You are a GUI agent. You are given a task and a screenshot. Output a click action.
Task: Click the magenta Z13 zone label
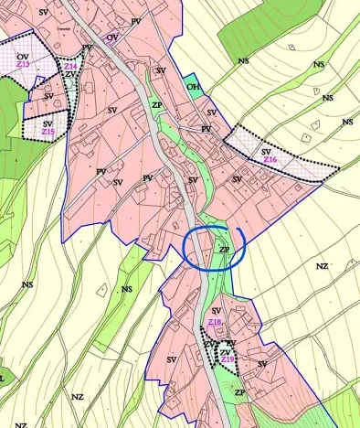click(23, 65)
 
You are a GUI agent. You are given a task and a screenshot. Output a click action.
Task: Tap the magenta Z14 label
click(70, 66)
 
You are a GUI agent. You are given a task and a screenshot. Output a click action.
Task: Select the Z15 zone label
click(48, 133)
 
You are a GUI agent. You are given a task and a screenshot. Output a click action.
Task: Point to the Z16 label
click(270, 160)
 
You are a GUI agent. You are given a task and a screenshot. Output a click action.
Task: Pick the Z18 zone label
click(215, 322)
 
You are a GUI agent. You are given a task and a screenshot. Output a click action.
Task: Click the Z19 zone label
click(228, 360)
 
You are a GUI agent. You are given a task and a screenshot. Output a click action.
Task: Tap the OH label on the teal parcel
click(193, 87)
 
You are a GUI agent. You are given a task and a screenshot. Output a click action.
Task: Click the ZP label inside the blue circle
click(224, 249)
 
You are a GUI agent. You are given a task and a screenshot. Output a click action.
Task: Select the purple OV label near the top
click(112, 37)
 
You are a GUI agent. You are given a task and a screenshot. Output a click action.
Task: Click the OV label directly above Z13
click(23, 57)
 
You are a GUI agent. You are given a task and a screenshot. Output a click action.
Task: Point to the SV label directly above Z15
click(48, 123)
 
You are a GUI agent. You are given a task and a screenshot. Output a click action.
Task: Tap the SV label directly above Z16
click(266, 151)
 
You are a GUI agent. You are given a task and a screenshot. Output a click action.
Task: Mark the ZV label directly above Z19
click(226, 352)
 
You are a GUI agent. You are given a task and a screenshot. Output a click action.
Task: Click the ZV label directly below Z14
click(70, 74)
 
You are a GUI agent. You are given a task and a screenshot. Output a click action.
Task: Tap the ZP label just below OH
click(157, 105)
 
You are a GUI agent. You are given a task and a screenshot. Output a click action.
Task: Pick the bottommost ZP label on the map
click(239, 392)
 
